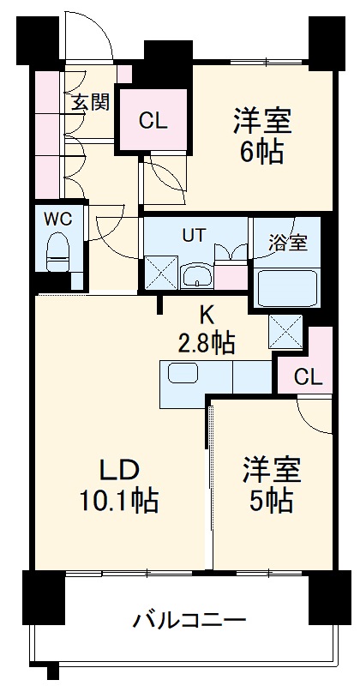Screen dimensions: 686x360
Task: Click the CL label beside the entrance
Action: [153, 121]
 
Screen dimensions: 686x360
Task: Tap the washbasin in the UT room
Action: [197, 275]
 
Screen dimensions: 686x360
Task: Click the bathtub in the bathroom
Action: [288, 286]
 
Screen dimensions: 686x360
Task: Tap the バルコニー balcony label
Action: [190, 620]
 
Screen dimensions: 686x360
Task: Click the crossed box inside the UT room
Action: [160, 274]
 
